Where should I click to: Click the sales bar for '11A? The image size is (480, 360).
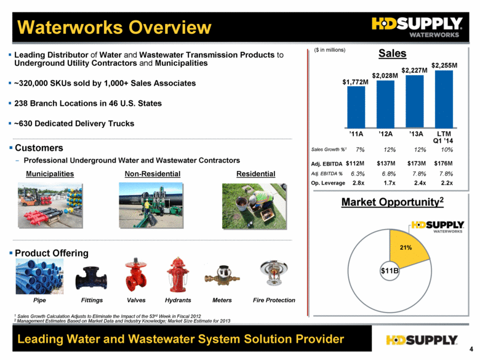[x=356, y=107]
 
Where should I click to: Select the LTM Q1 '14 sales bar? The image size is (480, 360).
[x=444, y=99]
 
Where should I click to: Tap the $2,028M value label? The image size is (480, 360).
[x=385, y=76]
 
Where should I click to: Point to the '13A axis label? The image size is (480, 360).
[x=416, y=134]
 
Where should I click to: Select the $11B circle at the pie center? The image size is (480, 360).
[x=390, y=271]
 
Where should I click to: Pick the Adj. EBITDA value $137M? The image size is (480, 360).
[x=386, y=164]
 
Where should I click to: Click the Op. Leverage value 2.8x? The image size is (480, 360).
[x=358, y=183]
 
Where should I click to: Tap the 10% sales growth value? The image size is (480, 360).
[x=447, y=150]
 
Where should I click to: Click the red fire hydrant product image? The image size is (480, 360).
[x=178, y=274]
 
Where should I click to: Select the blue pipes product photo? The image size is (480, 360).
[x=39, y=276]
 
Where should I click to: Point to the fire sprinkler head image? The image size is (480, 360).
[x=274, y=273]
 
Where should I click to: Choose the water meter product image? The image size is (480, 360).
[x=222, y=276]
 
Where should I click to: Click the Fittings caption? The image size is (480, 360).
[x=92, y=300]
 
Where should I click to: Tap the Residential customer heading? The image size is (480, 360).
[x=255, y=174]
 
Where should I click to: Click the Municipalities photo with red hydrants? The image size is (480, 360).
[x=50, y=206]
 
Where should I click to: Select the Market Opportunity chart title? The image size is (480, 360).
[x=393, y=202]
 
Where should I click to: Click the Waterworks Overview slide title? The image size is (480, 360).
[x=114, y=27]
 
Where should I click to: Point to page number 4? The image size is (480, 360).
[x=471, y=349]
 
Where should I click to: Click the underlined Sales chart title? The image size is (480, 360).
[x=393, y=54]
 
